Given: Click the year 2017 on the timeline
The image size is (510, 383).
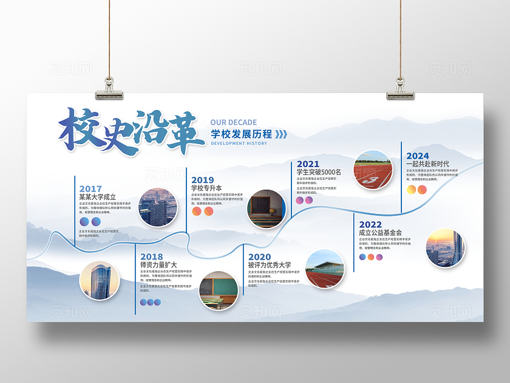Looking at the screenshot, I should pos(90,189).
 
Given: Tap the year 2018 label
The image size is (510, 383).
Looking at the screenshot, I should pos(151,257).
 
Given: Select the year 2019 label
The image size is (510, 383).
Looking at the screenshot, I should pos(202,179).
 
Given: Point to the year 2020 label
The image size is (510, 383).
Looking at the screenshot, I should pos(259,257).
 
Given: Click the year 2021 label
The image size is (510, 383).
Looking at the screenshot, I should pos(308,164).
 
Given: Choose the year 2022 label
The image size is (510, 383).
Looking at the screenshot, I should pos(370,224).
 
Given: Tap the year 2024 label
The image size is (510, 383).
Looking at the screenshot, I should pos(418,156).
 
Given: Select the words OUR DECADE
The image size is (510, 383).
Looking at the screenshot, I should pos(234,122).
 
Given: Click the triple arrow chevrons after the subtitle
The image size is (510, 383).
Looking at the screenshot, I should pos(282,134).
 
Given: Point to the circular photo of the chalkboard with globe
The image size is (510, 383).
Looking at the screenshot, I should pos(266,209).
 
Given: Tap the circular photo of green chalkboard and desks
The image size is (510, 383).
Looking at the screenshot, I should pos(219,291).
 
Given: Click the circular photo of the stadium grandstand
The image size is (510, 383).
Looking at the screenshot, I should pos(324,269).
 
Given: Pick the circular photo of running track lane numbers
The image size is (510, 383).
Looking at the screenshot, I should pos(373,170).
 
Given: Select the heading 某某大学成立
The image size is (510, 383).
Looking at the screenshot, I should pos(97,197).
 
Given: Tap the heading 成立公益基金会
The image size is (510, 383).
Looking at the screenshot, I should pos(380,232).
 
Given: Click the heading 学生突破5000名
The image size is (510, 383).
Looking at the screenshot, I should pos(319,172).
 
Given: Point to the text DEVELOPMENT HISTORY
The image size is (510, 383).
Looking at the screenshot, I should pos(239,143).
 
